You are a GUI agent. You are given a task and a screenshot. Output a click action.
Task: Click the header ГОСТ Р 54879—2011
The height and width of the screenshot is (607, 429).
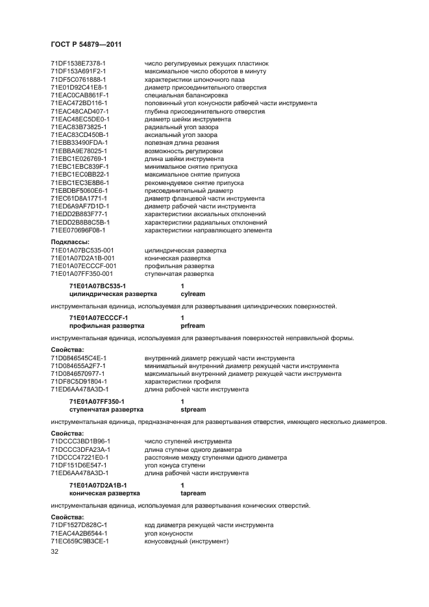click(x=86, y=44)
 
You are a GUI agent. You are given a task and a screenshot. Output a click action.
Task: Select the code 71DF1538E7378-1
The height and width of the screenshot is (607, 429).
click(x=78, y=63)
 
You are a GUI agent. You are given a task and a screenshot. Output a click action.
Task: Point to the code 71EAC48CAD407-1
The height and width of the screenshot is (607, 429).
click(x=79, y=111)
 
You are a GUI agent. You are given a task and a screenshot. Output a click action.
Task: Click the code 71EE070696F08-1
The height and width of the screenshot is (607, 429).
click(x=79, y=230)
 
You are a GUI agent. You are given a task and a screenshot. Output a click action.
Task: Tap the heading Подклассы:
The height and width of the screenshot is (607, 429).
click(x=69, y=242)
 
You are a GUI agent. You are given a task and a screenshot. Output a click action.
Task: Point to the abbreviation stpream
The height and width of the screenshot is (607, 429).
click(x=193, y=410)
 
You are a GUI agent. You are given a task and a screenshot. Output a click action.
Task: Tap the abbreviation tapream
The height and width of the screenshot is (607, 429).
click(x=193, y=493)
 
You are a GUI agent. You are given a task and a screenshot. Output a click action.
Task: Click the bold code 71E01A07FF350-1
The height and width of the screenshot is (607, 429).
click(x=97, y=402)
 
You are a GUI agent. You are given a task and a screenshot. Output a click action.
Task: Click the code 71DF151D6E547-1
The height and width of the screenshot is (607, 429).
click(x=79, y=465)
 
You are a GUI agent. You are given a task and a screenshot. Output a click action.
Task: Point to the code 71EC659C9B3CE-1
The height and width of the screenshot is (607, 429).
click(x=79, y=540)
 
